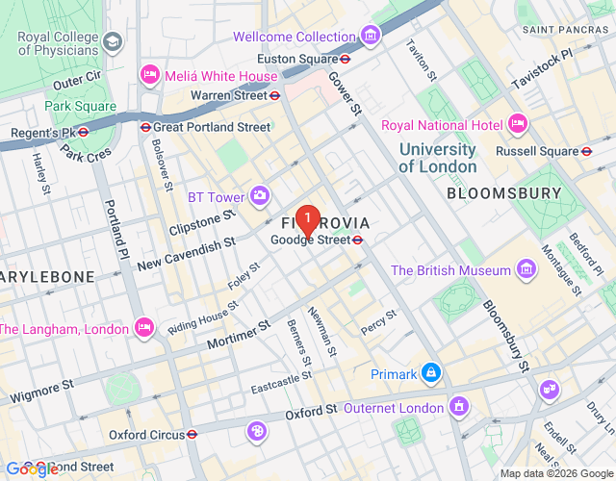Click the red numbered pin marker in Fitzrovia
pyautogui.click(x=306, y=220)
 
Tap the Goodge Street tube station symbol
pyautogui.click(x=357, y=240)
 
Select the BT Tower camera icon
pyautogui.click(x=260, y=196)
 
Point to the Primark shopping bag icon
pyautogui.click(x=431, y=372)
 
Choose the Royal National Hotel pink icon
pyautogui.click(x=517, y=124)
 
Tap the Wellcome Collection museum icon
pyautogui.click(x=371, y=37)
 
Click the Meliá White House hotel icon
pyautogui.click(x=149, y=74)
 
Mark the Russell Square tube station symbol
pyautogui.click(x=586, y=151)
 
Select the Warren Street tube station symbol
pyautogui.click(x=274, y=95)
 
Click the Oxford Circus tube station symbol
pyautogui.click(x=192, y=435)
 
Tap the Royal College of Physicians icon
pyautogui.click(x=114, y=42)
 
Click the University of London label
pyautogui.click(x=437, y=158)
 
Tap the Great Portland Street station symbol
pyautogui.click(x=145, y=127)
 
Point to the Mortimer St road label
pyautogui.click(x=237, y=335)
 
